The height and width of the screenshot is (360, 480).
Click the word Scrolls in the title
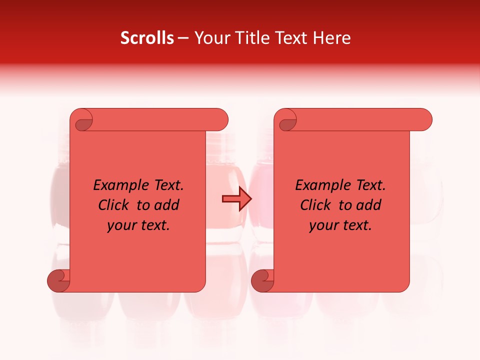click(147, 38)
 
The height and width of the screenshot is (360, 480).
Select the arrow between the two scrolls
click(236, 199)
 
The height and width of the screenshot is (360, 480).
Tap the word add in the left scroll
click(166, 205)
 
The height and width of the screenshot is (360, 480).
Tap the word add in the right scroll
click(368, 205)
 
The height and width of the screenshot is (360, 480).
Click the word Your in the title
click(210, 38)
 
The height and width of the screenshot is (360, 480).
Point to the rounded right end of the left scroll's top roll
click(221, 119)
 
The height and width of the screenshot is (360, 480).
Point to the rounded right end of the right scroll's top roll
click(425, 119)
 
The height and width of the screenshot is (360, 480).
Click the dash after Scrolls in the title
click(183, 38)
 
